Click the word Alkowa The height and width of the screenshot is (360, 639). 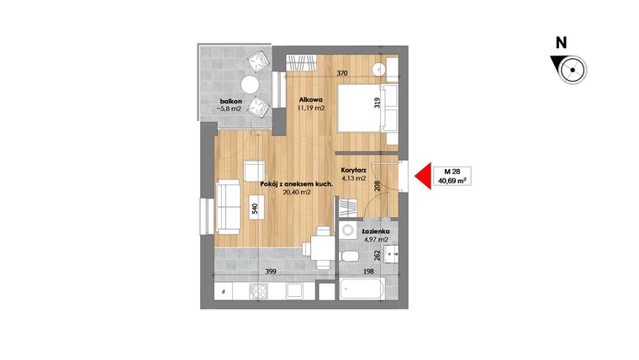pyautogui.click(x=310, y=99)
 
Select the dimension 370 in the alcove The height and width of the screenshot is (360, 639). pyautogui.click(x=342, y=74)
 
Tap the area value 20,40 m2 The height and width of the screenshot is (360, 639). pyautogui.click(x=297, y=193)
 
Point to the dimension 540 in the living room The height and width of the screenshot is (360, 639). pyautogui.click(x=255, y=209)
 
